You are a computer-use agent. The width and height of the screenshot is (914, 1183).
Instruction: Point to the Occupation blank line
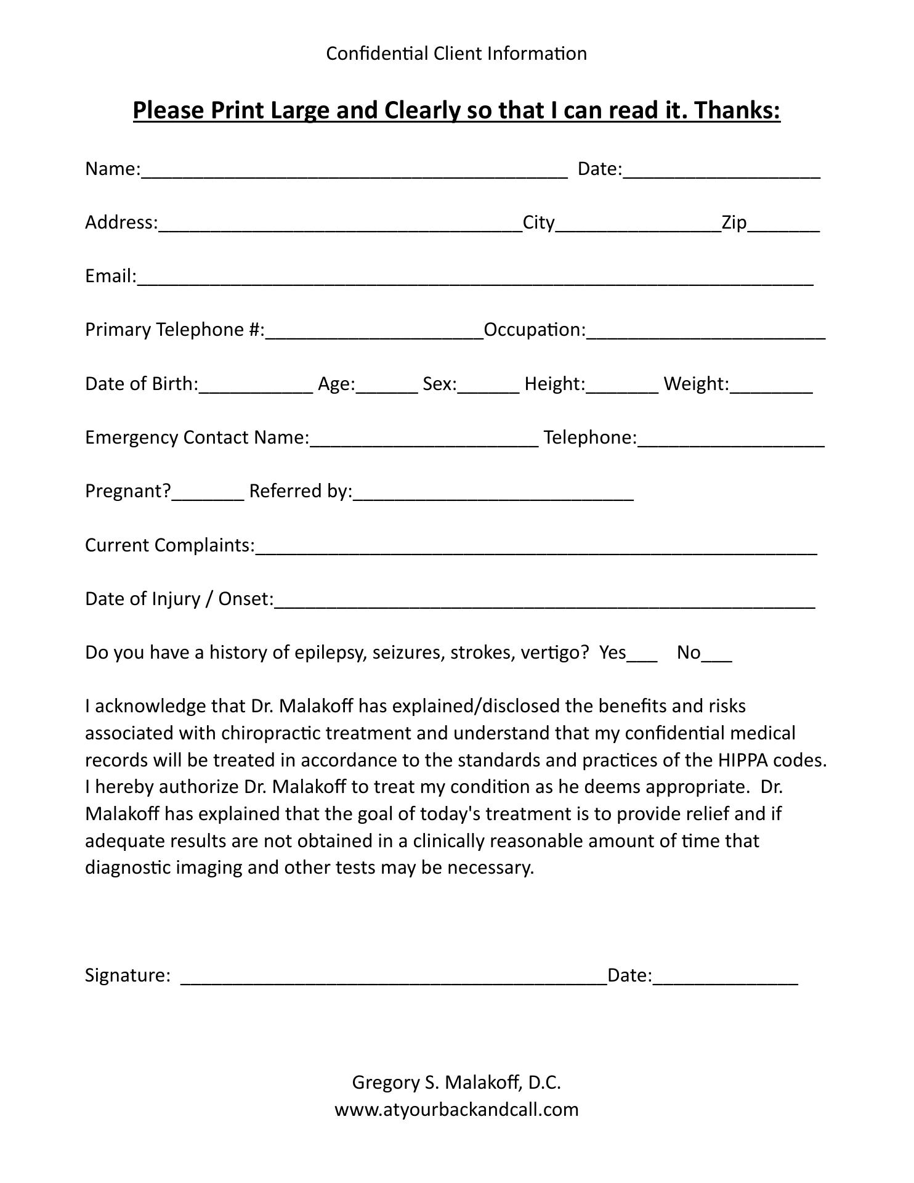pyautogui.click(x=705, y=331)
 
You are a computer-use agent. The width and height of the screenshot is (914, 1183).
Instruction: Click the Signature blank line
pyautogui.click(x=394, y=977)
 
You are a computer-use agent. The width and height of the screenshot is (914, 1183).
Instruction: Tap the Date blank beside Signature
pyautogui.click(x=725, y=977)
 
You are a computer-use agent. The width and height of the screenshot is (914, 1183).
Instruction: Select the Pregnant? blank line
pyautogui.click(x=208, y=493)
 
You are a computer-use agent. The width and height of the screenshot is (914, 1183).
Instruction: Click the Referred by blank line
pyautogui.click(x=493, y=493)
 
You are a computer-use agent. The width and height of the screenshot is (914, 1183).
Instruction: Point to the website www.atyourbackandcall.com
pyautogui.click(x=456, y=1110)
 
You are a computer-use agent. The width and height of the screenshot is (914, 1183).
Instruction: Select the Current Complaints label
pyautogui.click(x=169, y=545)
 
